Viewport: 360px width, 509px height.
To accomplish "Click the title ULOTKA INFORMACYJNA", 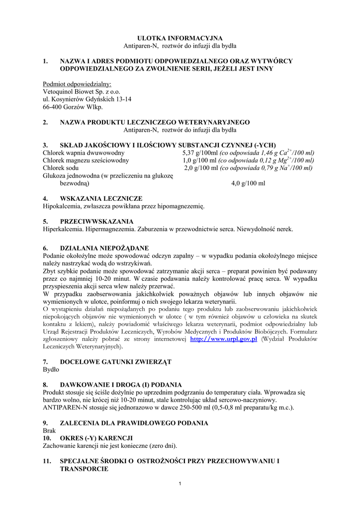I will (180, 38).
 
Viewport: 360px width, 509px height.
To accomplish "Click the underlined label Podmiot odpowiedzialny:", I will (77, 84).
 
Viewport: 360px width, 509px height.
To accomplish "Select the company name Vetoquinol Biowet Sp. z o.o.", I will (82, 91).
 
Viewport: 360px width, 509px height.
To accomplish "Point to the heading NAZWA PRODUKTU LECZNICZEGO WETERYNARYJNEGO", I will (155, 122).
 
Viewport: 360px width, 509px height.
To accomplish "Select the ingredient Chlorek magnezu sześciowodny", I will (86, 160).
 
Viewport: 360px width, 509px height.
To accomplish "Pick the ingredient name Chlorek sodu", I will (61, 168).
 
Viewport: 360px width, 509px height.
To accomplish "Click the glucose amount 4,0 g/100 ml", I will (248, 183).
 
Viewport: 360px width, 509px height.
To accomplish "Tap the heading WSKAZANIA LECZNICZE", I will (101, 198).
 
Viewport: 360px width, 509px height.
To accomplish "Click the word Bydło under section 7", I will (51, 370).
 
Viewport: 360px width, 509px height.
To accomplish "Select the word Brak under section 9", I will (50, 430).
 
